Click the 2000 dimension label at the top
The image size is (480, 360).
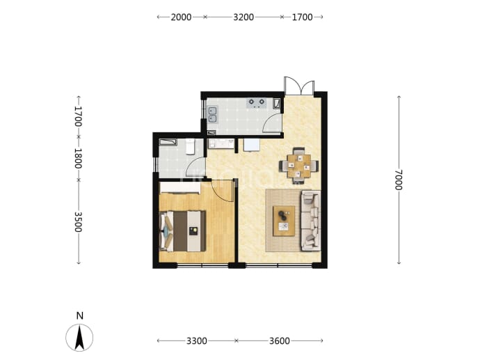point(181,17)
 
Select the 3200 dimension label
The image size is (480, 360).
point(243,17)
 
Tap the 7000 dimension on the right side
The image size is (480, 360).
point(399,180)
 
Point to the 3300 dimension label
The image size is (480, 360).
point(197,341)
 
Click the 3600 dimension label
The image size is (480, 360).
point(280,341)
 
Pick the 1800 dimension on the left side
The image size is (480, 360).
point(79,158)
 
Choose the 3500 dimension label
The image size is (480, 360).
point(79,222)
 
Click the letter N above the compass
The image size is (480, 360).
point(80,315)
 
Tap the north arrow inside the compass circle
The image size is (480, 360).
point(80,338)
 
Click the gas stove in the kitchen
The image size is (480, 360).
point(257,103)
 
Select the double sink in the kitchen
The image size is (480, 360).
point(212,115)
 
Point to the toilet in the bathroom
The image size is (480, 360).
point(191,146)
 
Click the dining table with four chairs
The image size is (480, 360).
point(298,166)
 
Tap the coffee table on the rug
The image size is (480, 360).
point(284,221)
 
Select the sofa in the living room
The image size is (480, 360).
point(311,221)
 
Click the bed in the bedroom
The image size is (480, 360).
point(182,231)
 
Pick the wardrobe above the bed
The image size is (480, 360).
point(180,188)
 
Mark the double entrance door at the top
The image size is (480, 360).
point(299,86)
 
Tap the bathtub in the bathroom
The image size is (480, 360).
point(168,142)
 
